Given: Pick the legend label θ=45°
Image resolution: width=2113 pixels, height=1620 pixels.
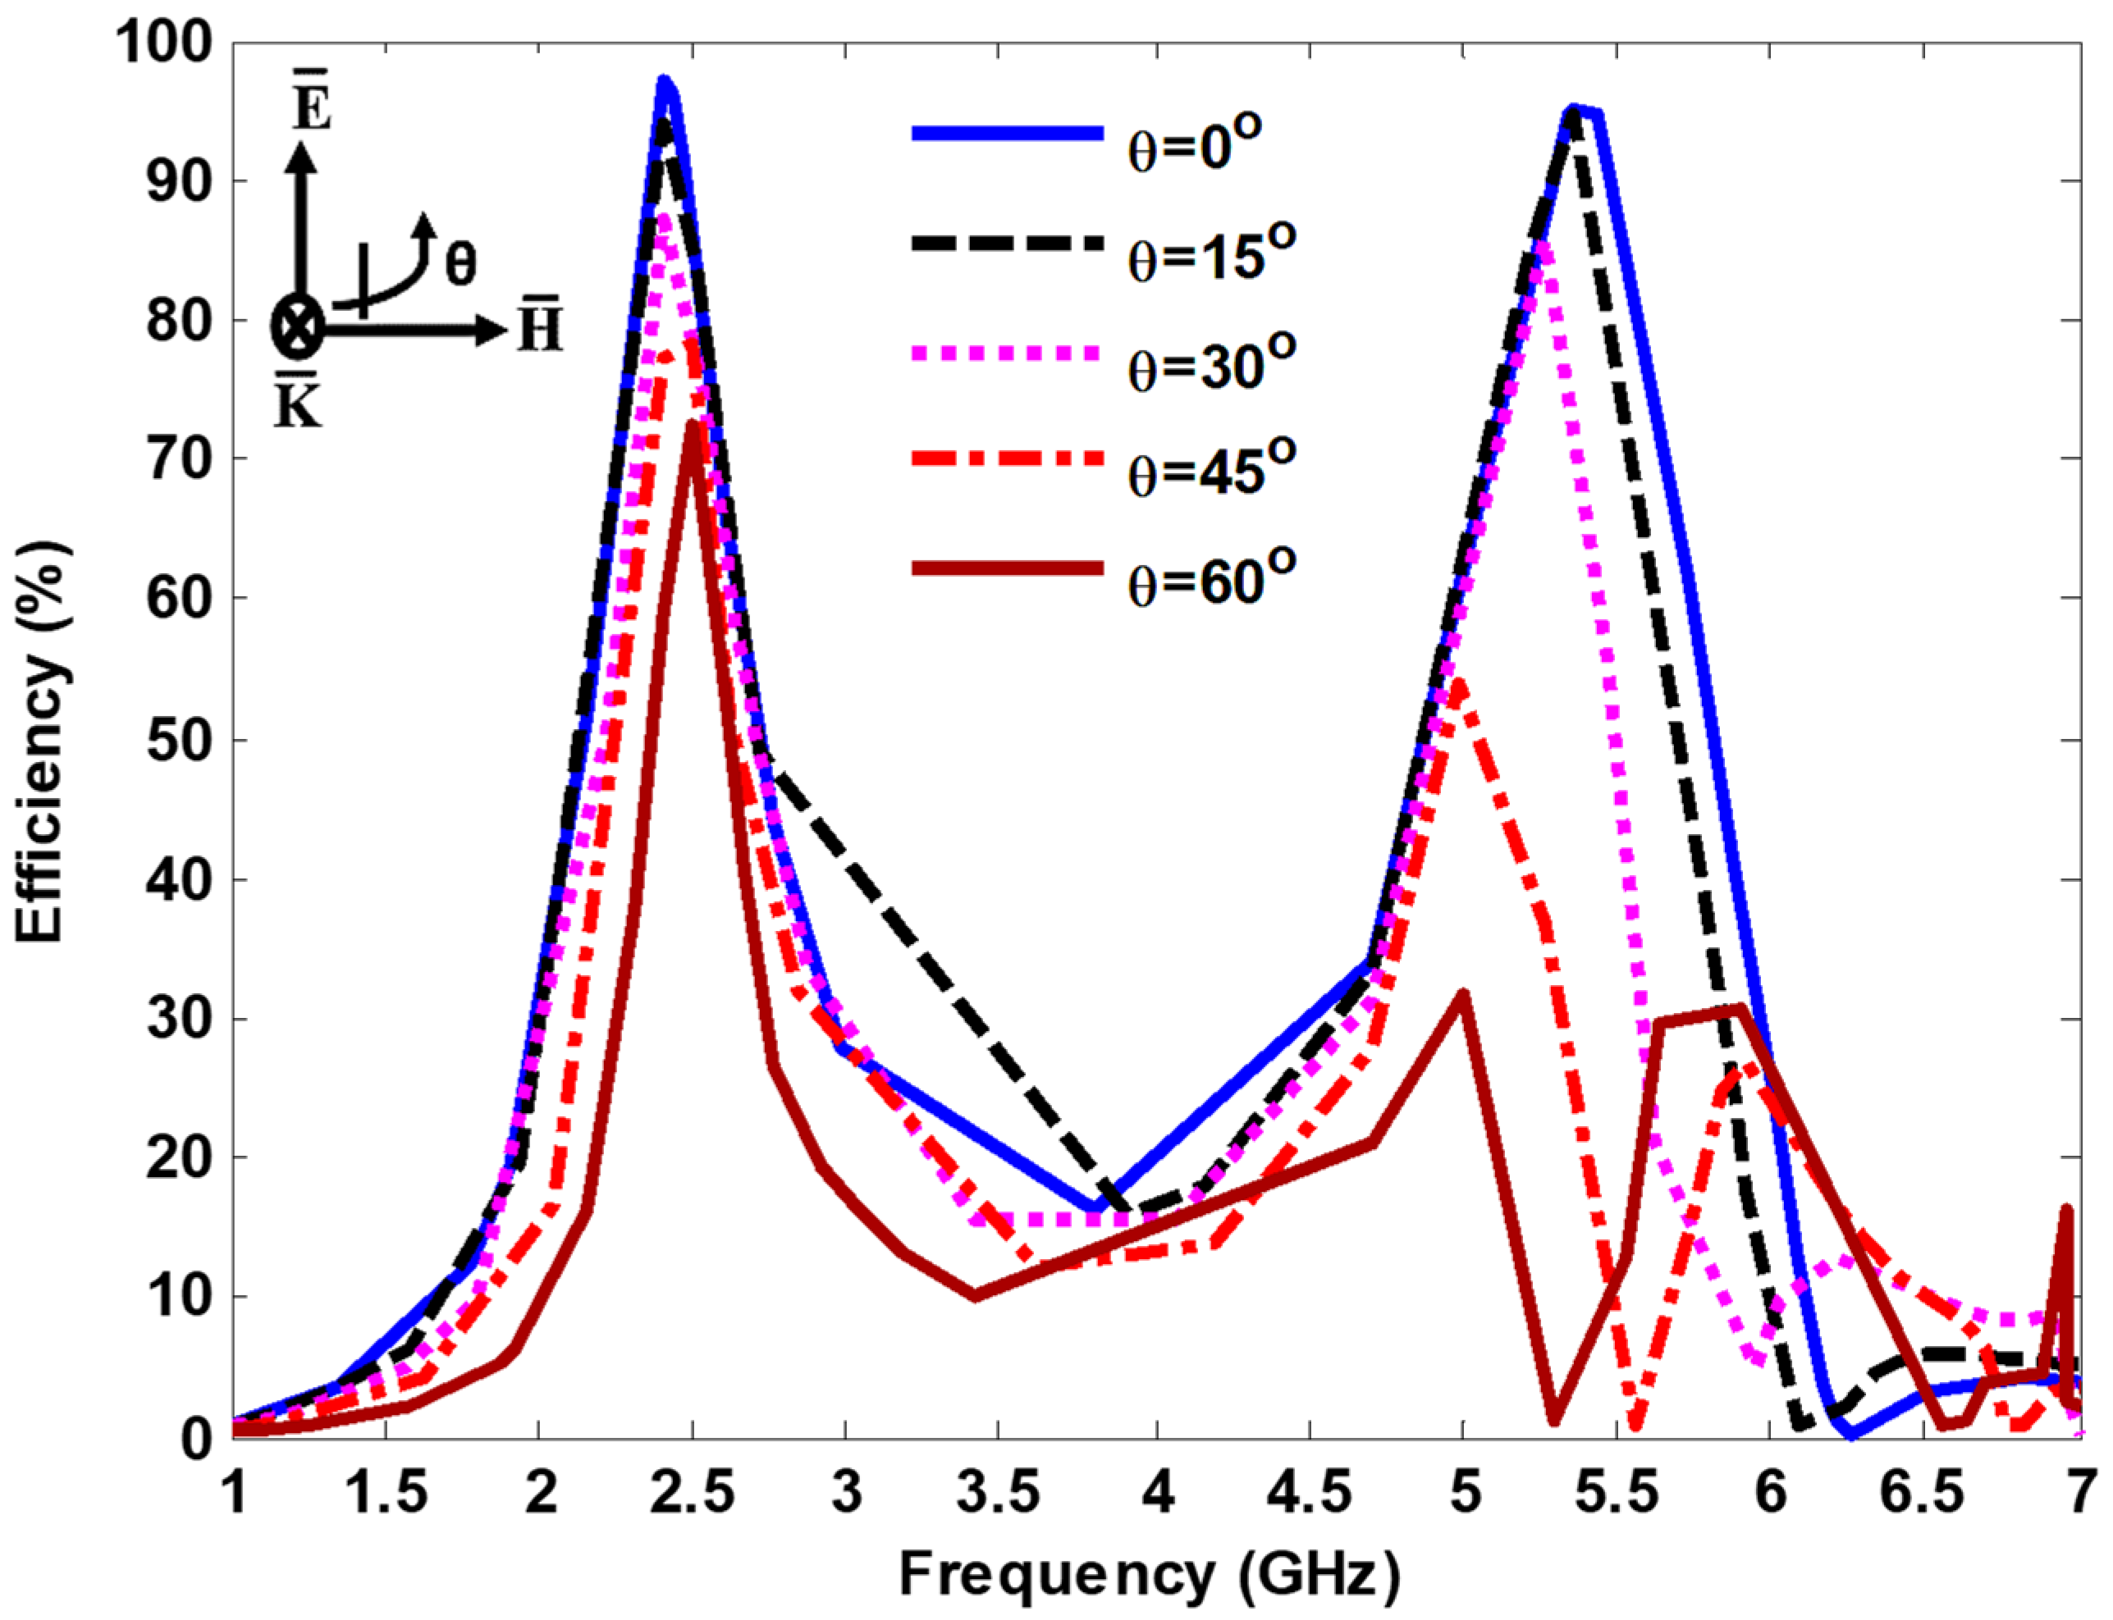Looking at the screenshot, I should coord(1210,471).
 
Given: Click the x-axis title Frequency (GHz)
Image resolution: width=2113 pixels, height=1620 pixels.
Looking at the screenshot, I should coord(1148,1575).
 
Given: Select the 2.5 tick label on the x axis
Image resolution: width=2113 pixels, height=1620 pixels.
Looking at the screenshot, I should coord(692,1493).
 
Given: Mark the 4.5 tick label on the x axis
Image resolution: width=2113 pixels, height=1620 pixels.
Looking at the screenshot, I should coord(1309,1493).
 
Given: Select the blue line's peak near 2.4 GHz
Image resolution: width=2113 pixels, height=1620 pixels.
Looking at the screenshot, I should coord(664,81).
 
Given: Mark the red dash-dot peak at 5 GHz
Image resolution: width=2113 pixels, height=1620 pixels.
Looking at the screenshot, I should coord(1459,685).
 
